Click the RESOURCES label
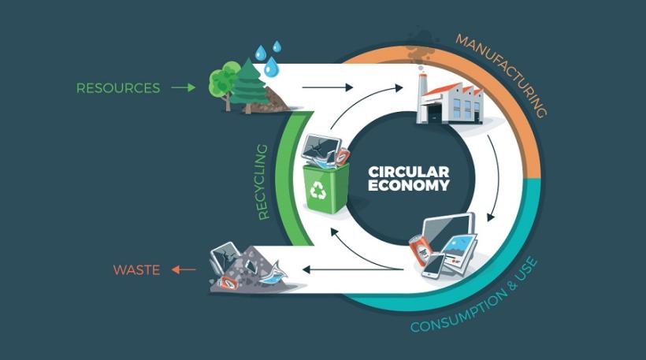(118, 87)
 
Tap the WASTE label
(136, 270)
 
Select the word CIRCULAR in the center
(409, 172)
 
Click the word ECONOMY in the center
(409, 187)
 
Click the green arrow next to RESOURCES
(183, 87)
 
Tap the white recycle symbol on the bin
(321, 189)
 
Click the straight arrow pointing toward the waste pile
(330, 271)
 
